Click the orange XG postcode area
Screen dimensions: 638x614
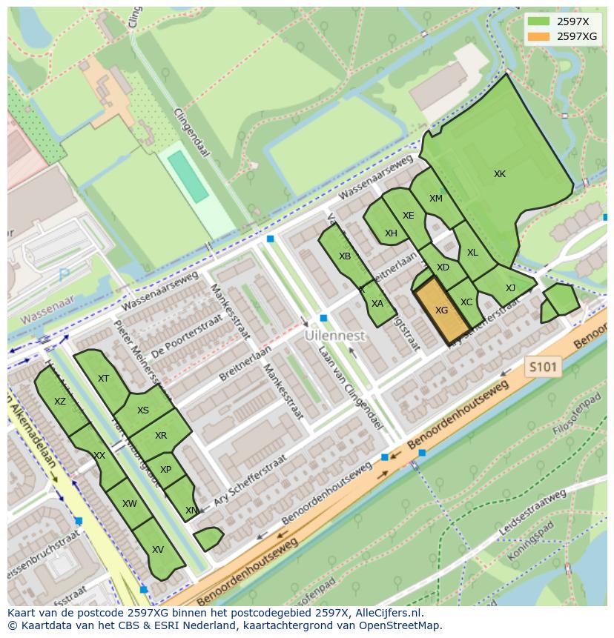(x=442, y=310)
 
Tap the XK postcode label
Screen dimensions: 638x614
(x=500, y=174)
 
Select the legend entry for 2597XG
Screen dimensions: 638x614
(x=577, y=36)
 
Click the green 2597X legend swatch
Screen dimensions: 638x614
(x=539, y=21)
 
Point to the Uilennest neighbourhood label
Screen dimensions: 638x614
(x=335, y=336)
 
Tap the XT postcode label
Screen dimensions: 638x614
(x=103, y=379)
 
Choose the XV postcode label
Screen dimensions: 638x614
(x=157, y=550)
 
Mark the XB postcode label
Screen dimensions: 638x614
(x=345, y=256)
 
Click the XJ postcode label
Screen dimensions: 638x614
(x=510, y=288)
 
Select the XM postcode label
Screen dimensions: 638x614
(x=435, y=199)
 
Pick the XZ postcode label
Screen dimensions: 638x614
(x=60, y=402)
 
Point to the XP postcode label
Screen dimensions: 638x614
(x=165, y=470)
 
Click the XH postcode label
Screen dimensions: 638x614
(x=391, y=233)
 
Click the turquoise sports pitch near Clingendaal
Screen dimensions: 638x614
(x=188, y=176)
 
